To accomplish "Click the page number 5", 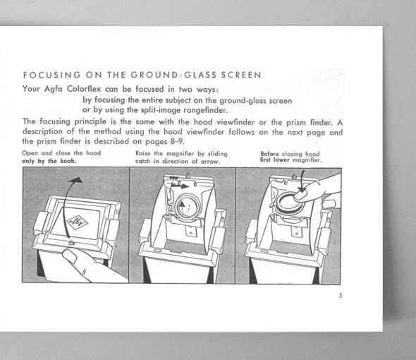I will pyautogui.click(x=340, y=295).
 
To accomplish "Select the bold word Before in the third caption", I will pyautogui.click(x=271, y=154).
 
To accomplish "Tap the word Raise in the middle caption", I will pyautogui.click(x=144, y=154).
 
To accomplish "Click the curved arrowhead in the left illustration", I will pyautogui.click(x=76, y=182).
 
